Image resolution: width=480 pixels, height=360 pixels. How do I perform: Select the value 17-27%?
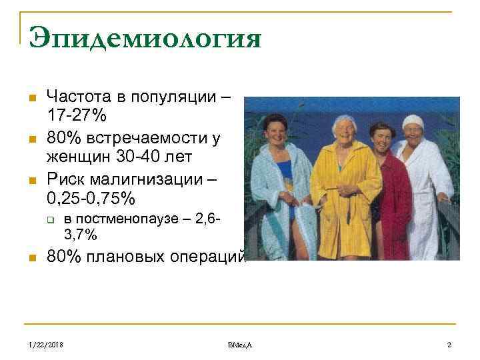coord(76,115)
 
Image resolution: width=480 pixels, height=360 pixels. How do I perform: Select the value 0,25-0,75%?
coord(90,199)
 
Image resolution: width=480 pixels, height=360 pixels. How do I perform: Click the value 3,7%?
coord(80,235)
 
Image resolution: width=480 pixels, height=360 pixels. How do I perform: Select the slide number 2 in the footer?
coord(449,345)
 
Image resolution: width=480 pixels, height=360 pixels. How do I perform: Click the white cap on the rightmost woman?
coord(413,121)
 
